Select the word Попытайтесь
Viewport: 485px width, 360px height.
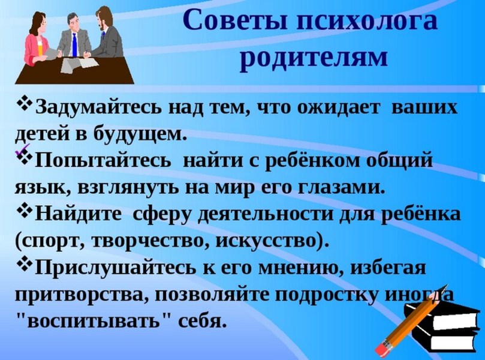coord(103,161)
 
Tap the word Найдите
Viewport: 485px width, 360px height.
coord(79,214)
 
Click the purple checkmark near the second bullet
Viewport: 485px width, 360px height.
coord(22,149)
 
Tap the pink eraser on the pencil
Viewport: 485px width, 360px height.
coord(382,347)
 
